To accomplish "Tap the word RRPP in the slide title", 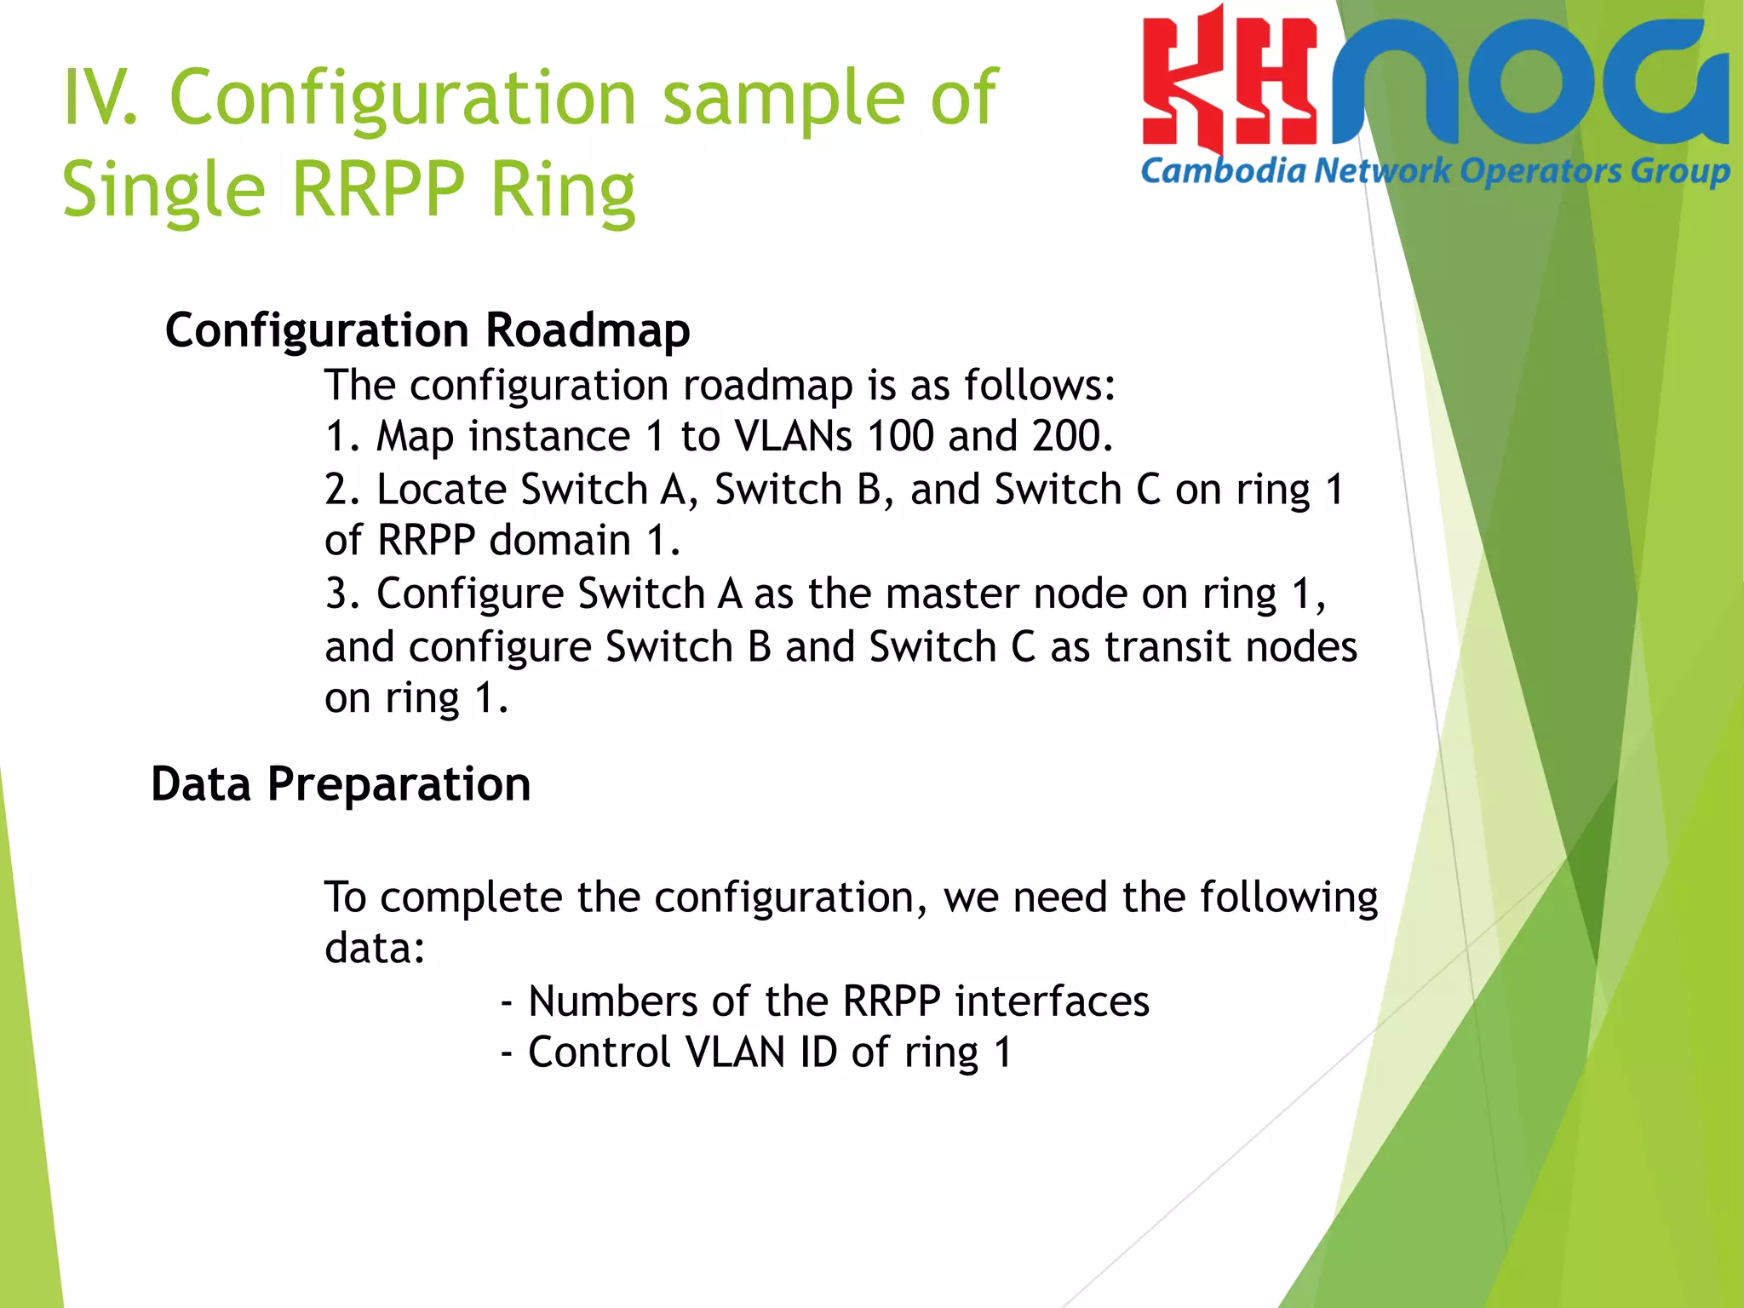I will [x=379, y=189].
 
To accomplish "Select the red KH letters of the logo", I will [x=1228, y=85].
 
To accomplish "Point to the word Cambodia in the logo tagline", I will [x=1223, y=171].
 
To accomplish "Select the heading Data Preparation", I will [x=341, y=784].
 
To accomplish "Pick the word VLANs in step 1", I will [x=793, y=436].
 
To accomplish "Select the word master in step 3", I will [x=951, y=594].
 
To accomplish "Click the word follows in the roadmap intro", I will [x=1038, y=386].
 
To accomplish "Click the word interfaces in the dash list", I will [x=1052, y=1001].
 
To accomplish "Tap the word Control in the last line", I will [x=599, y=1053].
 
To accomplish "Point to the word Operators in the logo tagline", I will [x=1540, y=171].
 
